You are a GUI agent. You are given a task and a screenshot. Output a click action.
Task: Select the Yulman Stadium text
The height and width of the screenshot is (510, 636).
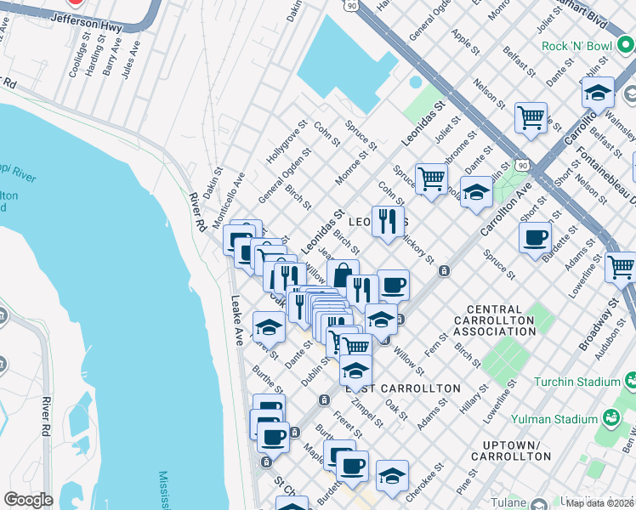click(554, 419)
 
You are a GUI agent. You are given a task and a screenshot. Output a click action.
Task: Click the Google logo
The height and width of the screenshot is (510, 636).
click(28, 500)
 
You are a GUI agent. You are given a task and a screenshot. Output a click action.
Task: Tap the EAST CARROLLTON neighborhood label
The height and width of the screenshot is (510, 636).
click(403, 388)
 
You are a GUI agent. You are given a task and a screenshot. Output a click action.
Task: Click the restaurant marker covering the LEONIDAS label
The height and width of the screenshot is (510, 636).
click(388, 223)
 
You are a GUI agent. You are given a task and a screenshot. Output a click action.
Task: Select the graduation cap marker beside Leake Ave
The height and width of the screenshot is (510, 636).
click(269, 327)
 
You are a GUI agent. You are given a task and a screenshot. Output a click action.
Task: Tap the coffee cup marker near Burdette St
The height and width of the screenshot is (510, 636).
click(535, 238)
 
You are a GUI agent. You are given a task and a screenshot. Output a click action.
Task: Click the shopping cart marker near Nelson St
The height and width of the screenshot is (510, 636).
click(531, 117)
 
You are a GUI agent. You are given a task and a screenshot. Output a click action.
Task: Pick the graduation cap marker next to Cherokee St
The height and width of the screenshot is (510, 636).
click(392, 477)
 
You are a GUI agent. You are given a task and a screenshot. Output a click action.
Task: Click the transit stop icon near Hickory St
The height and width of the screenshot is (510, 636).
click(444, 271)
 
